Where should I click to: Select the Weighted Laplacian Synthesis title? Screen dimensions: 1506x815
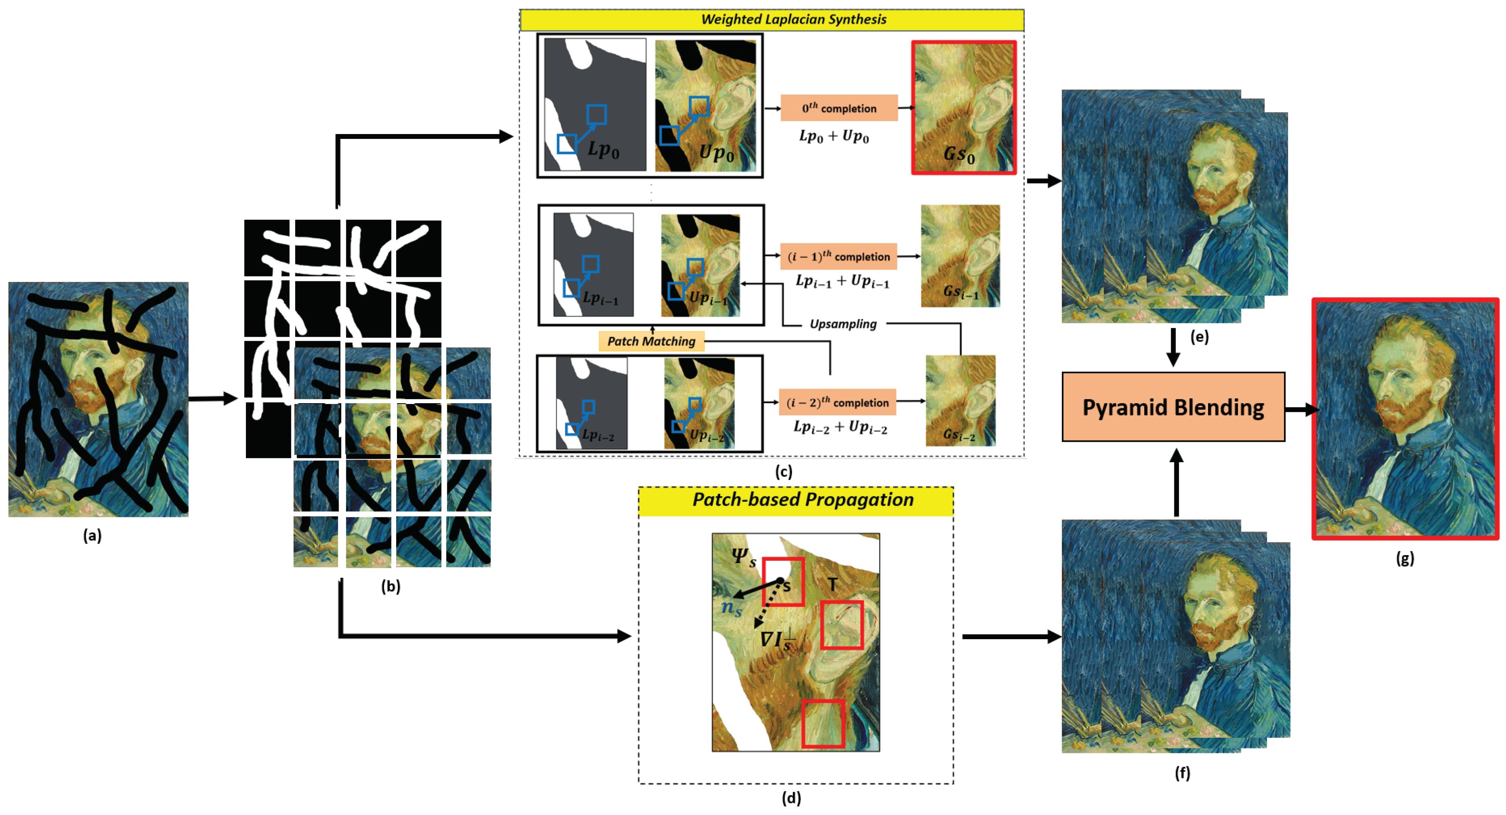coord(793,19)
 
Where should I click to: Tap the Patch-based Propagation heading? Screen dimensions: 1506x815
coord(803,500)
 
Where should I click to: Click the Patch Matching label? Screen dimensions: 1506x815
coord(651,341)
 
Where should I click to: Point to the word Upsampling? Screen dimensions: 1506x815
coord(843,324)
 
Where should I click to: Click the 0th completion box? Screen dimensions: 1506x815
coord(839,108)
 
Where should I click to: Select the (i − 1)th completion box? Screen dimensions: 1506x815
coord(838,257)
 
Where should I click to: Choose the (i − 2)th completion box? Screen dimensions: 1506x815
coord(837,402)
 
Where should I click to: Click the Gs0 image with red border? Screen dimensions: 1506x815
coord(963,108)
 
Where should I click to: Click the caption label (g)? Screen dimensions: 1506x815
coord(1405,558)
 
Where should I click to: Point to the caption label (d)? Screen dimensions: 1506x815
coord(792,798)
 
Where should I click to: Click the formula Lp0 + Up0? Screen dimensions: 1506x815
coord(834,136)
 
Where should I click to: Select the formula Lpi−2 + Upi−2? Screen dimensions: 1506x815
coord(839,427)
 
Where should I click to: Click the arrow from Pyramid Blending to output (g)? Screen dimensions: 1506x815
coord(1300,409)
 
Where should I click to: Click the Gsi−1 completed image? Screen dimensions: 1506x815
coord(960,255)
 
